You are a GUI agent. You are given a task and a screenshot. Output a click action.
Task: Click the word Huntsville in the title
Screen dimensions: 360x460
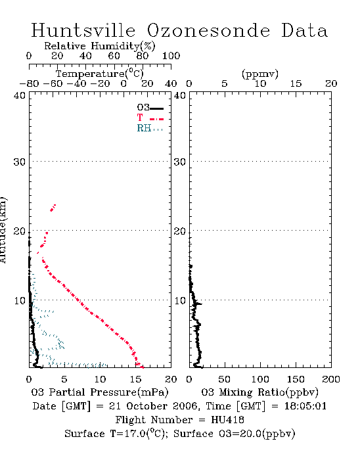(83, 30)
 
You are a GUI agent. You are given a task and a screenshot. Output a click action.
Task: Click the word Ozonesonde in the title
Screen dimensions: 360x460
(208, 30)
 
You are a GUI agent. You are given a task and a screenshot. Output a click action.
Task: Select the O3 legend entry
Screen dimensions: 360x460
(150, 108)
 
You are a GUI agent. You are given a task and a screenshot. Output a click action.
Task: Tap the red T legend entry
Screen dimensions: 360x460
(150, 118)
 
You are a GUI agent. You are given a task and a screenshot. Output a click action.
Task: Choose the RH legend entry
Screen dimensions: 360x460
(150, 128)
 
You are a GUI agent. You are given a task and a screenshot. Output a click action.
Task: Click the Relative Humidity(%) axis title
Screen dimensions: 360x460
(100, 46)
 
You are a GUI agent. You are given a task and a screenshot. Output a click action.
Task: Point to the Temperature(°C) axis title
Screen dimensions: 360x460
(100, 74)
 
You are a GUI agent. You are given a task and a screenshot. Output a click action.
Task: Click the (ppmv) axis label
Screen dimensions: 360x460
(260, 74)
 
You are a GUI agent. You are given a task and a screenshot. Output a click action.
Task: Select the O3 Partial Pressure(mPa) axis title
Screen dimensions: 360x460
(100, 392)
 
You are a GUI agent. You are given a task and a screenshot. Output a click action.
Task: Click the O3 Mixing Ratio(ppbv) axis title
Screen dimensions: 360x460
(259, 392)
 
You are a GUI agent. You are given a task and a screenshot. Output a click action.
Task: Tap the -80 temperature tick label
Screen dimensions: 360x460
(30, 84)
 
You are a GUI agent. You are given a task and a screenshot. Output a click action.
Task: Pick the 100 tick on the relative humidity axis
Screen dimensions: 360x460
(171, 56)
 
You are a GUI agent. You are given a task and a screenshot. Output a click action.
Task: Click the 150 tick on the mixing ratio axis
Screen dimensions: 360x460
(296, 379)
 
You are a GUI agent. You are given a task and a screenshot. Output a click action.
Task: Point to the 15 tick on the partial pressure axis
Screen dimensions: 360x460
(135, 379)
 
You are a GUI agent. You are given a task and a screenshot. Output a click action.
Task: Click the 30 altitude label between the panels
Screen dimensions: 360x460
(180, 162)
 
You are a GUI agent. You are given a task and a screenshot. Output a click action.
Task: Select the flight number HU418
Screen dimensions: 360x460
(227, 420)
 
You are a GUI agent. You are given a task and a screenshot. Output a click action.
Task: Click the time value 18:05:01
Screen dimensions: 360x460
(305, 406)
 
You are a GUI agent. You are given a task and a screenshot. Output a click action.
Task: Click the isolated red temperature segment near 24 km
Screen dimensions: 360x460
(53, 208)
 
